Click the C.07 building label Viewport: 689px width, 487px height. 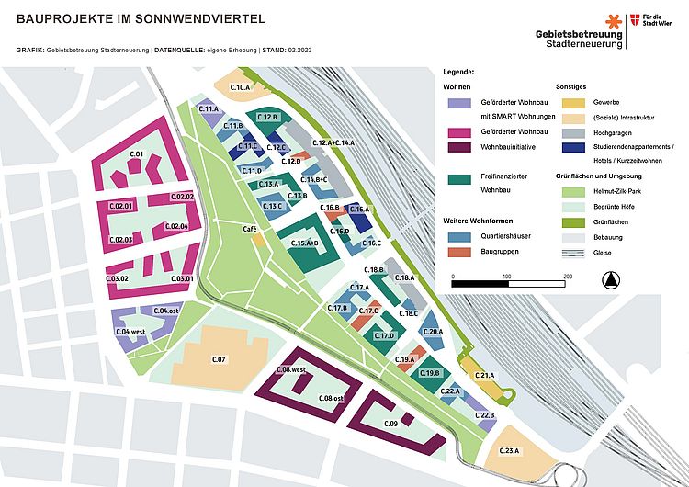tap(219, 358)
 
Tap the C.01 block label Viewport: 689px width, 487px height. tap(138, 153)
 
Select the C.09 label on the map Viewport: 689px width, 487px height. tap(390, 424)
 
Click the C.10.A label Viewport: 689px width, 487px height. tap(240, 87)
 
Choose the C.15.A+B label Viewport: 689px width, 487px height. tap(304, 243)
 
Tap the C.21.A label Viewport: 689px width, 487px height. tap(484, 376)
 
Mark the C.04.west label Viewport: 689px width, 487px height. tap(130, 331)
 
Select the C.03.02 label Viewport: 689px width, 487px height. tap(117, 278)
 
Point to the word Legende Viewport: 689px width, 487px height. tap(457, 71)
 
